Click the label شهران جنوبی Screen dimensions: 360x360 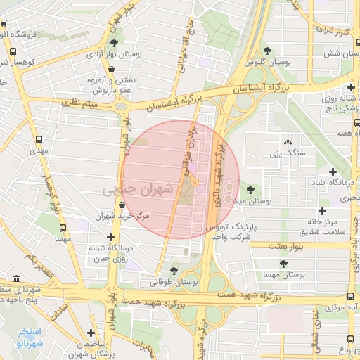point(138,190)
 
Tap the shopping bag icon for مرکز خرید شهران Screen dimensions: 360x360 point(122,205)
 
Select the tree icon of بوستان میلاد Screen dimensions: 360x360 point(250,189)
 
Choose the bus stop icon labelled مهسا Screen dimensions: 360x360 point(63,229)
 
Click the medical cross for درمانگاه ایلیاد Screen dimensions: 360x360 point(332,172)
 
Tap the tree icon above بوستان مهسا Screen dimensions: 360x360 point(283,264)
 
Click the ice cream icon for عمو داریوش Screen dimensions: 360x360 point(112,69)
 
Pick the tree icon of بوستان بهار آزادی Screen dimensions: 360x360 point(114,43)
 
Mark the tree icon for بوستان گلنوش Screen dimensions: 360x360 point(269,49)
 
